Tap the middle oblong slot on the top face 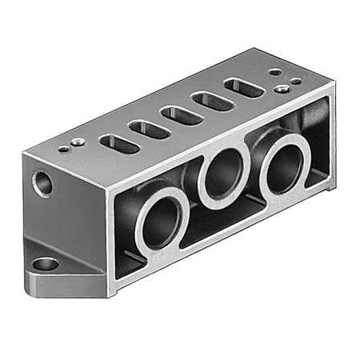181,114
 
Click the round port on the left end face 43,185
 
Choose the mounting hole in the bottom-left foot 46,263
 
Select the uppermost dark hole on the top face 274,71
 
